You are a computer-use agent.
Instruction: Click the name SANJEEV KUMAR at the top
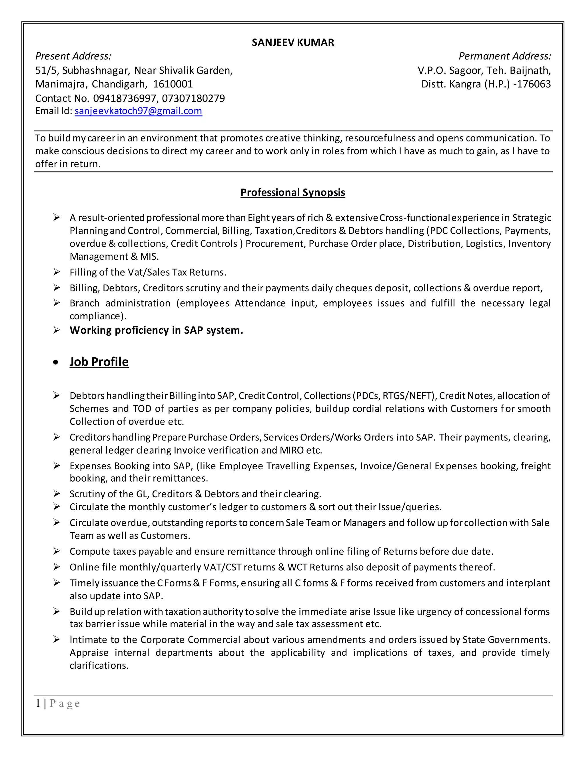(x=292, y=42)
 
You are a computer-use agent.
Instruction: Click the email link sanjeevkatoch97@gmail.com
(x=138, y=111)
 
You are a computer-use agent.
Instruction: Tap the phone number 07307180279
(x=193, y=99)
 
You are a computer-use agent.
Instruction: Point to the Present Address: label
(x=73, y=56)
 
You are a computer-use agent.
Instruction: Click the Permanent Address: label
(x=505, y=56)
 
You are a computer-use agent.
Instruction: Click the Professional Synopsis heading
(x=292, y=192)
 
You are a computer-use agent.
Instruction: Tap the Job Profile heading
(x=99, y=362)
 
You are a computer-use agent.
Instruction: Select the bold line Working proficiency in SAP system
(x=156, y=330)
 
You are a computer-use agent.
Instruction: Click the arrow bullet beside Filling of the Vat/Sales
(x=57, y=272)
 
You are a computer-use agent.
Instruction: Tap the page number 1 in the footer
(x=38, y=704)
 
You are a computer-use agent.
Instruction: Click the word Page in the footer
(x=65, y=704)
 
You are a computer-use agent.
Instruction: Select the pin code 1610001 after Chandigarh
(x=173, y=84)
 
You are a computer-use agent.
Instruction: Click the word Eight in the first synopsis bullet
(x=259, y=218)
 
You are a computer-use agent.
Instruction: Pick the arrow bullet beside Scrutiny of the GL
(x=57, y=494)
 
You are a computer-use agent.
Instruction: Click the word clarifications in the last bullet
(x=99, y=666)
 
